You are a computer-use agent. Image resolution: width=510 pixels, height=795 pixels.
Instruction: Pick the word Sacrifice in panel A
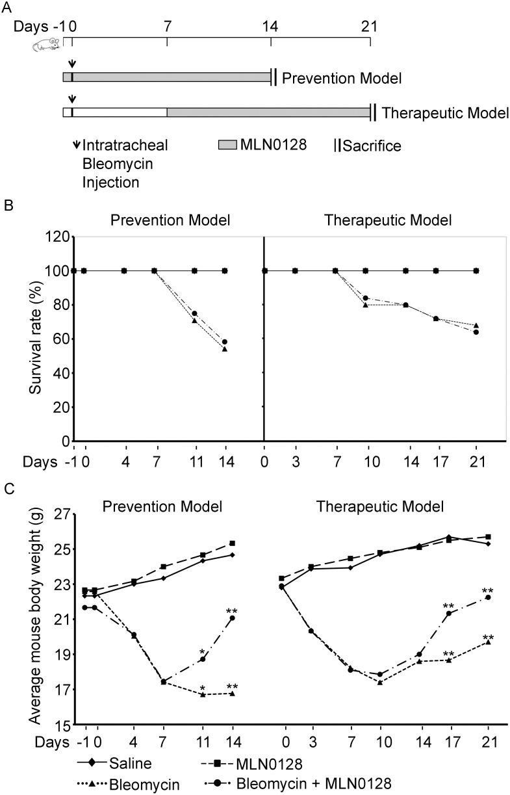372,146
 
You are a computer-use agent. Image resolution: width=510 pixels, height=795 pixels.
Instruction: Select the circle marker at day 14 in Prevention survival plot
225,341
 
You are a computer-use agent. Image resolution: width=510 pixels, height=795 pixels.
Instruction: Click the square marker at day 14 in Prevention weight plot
232,543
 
